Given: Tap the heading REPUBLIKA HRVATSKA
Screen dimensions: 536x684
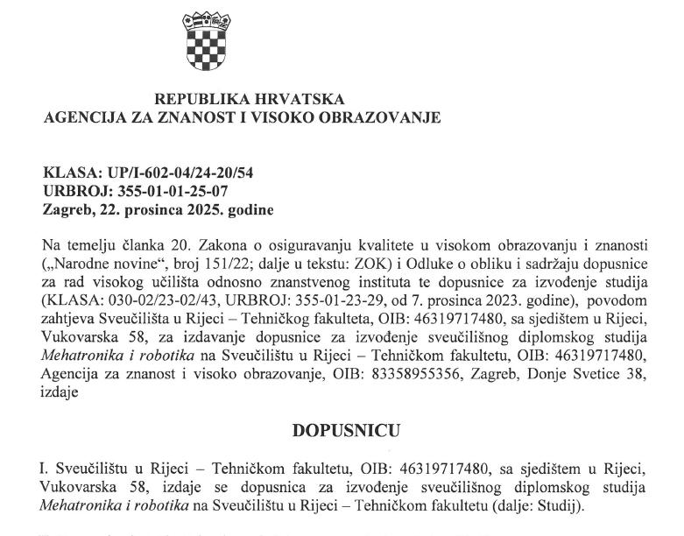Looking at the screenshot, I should point(249,100).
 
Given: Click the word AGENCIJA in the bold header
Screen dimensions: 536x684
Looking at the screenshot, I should point(81,117).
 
